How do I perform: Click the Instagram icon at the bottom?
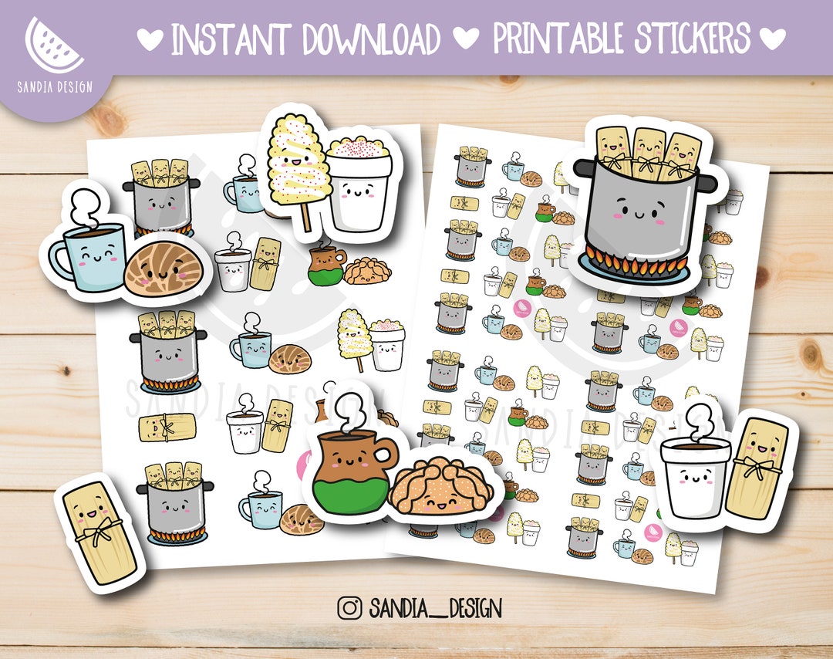click(x=349, y=608)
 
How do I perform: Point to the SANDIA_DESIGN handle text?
click(x=436, y=608)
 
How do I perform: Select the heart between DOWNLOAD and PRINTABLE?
click(x=467, y=38)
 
